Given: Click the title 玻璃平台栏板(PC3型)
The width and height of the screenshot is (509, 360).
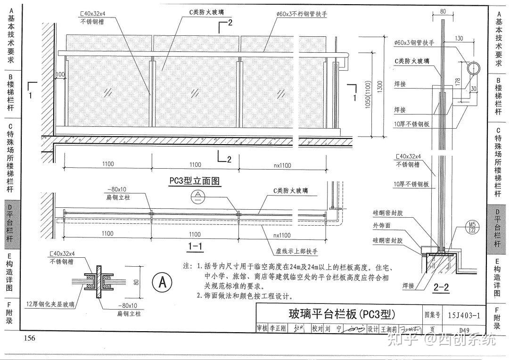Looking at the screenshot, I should click(x=342, y=314).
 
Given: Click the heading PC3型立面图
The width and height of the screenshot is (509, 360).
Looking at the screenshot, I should click(x=195, y=180).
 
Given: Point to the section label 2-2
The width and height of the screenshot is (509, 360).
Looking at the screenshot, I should click(x=442, y=286).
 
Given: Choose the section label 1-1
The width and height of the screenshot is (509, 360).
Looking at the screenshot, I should click(x=195, y=246).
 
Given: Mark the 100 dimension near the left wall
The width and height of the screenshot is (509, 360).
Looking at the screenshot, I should click(x=60, y=74).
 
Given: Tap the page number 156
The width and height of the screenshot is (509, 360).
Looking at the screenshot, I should click(x=30, y=338).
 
